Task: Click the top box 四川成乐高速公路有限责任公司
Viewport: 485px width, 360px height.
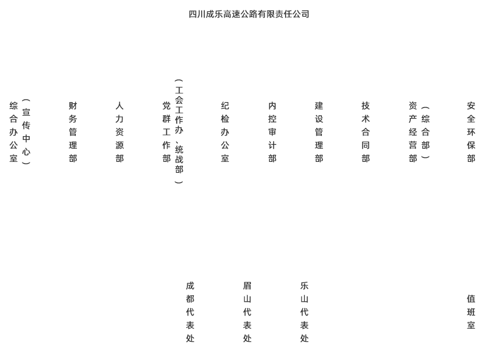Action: pos(248,14)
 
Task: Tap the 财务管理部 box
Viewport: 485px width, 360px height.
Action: pos(73,132)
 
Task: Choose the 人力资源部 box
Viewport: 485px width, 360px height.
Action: pos(119,132)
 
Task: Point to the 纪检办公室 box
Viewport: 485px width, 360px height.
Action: pos(225,132)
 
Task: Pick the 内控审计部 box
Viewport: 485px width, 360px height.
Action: pos(272,132)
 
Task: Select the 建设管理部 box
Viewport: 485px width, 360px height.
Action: pos(319,132)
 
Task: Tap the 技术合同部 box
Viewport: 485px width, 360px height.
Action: pos(365,132)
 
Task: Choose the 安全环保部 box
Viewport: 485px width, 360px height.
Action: pos(471,132)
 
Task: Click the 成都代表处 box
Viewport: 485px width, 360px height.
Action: pos(190,312)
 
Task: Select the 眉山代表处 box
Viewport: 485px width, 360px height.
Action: pos(247,312)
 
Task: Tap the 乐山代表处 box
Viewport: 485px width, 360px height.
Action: pos(304,312)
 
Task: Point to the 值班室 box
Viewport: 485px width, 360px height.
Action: pos(471,312)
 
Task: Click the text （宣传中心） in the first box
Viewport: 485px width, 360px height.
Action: pos(26,132)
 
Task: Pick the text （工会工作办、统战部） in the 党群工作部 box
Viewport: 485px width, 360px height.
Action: pos(179,132)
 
